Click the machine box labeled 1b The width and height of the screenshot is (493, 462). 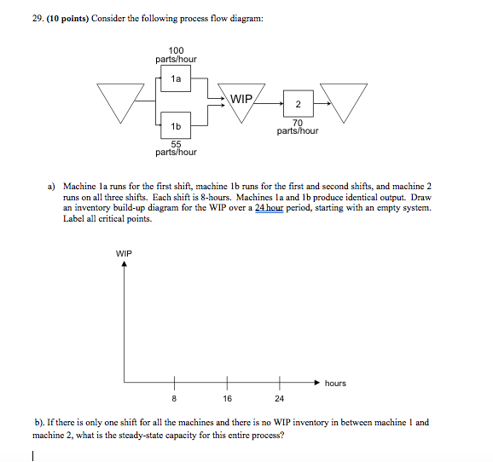(176, 125)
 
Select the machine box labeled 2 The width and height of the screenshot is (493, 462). (298, 104)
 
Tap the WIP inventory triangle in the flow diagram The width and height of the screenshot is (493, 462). (242, 101)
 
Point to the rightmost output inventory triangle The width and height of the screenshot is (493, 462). (345, 100)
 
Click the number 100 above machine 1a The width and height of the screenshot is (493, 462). (176, 50)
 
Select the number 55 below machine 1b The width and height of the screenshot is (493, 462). (176, 143)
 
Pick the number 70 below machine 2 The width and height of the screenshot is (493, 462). (298, 122)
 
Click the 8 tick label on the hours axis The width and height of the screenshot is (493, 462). (176, 397)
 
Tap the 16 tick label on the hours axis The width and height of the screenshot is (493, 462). (227, 397)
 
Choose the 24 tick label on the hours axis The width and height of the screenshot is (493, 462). (278, 397)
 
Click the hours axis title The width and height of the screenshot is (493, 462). (335, 384)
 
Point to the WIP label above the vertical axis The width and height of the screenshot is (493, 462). (125, 252)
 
